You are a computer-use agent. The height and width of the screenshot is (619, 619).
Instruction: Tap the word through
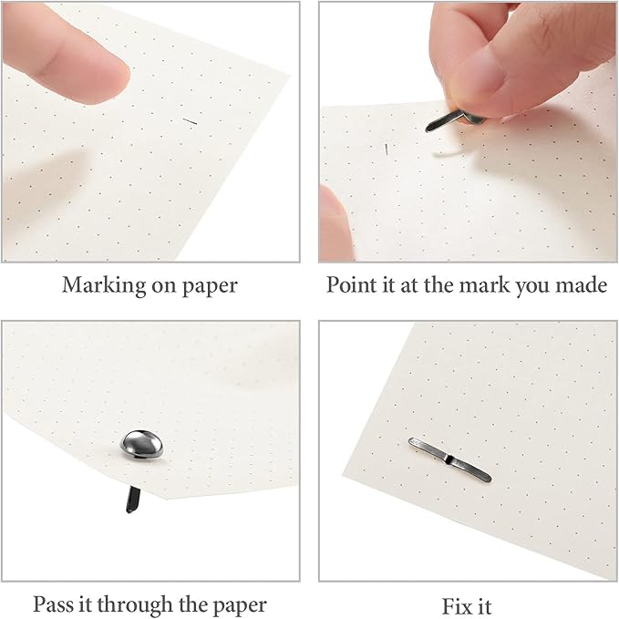[136, 605]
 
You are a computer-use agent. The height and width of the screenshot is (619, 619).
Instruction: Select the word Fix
[454, 606]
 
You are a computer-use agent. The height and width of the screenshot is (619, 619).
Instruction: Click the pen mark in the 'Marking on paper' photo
[190, 121]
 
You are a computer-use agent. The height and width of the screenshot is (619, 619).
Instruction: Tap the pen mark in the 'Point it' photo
[387, 150]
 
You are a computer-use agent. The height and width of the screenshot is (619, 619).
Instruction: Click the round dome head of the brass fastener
[141, 444]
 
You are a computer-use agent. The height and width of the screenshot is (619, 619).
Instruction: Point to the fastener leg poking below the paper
[132, 500]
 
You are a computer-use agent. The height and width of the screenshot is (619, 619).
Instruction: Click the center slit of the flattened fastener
[449, 459]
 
